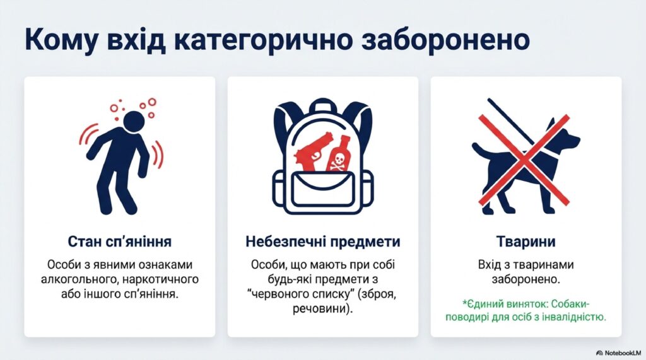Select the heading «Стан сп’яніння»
coord(119,241)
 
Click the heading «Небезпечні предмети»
coord(322,241)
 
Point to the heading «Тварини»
coord(526,241)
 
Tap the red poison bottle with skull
coord(339,154)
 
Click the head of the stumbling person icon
coord(133,121)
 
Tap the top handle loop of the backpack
coord(322,107)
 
